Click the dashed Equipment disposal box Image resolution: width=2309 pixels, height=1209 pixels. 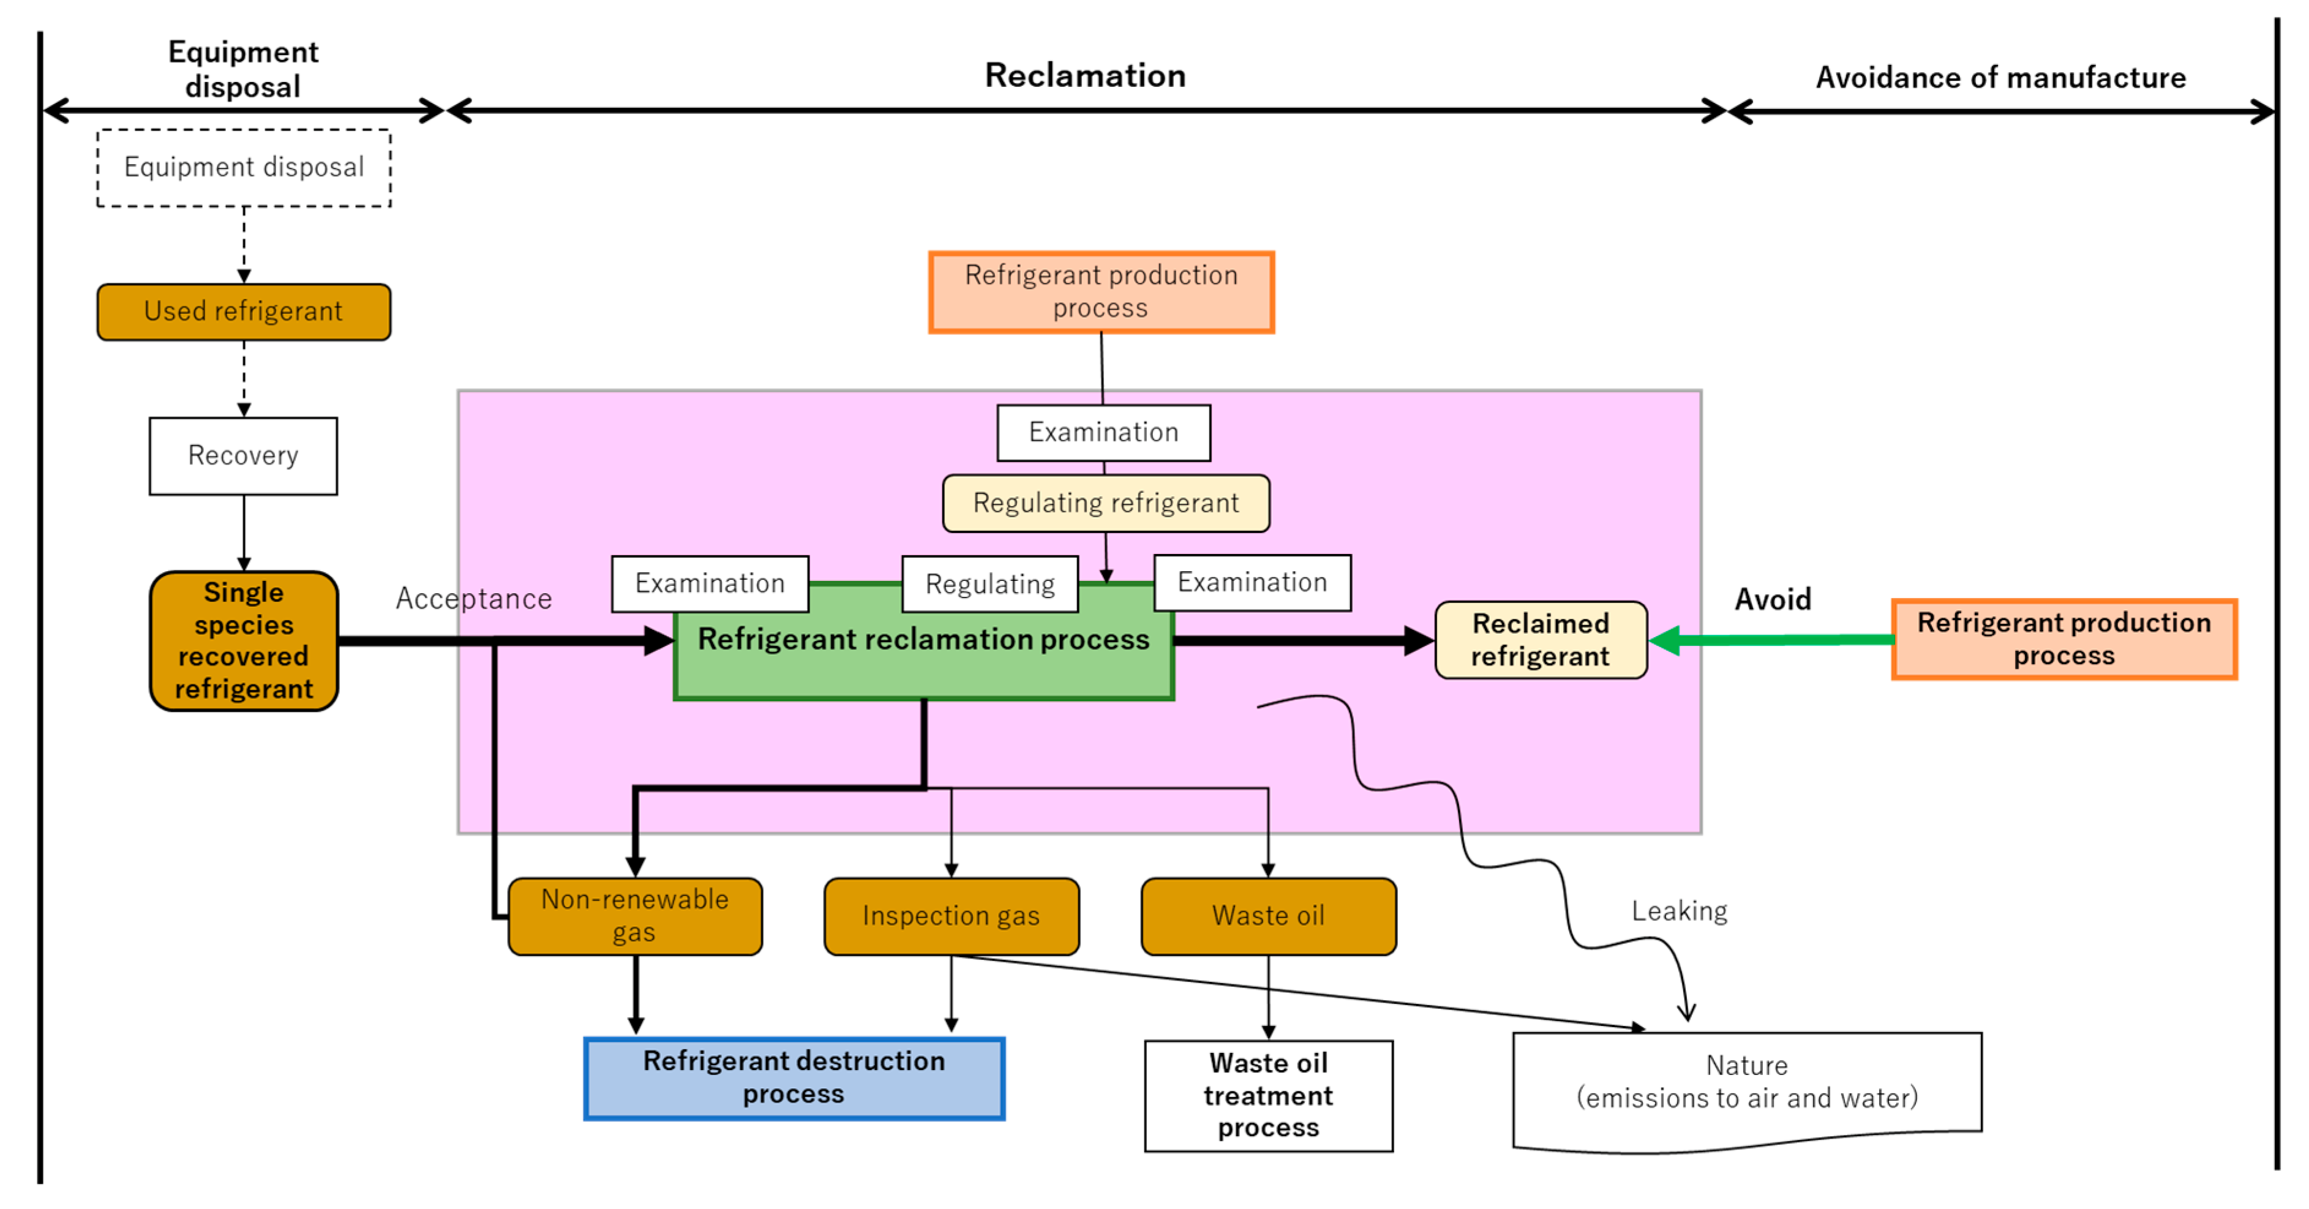tap(244, 168)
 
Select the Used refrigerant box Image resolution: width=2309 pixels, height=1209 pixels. tap(244, 312)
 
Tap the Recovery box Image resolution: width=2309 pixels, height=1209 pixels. tap(244, 456)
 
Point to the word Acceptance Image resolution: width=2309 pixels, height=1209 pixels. tap(473, 599)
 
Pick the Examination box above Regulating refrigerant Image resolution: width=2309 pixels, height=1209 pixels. tap(1103, 433)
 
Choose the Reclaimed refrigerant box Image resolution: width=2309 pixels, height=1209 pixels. tap(1541, 640)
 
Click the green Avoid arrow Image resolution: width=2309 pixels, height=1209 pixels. tap(1775, 640)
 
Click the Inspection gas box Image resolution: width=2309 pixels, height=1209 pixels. tap(951, 916)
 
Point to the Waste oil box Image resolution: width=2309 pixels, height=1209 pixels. tap(1268, 916)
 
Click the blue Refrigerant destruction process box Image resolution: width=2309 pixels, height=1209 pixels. tap(794, 1078)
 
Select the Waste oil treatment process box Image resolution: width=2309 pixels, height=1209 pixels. tap(1268, 1095)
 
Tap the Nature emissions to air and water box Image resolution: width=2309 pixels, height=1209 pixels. tap(1746, 1084)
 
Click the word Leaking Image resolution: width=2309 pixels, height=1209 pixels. tap(1679, 911)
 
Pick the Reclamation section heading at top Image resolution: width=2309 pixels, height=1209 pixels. tap(1084, 76)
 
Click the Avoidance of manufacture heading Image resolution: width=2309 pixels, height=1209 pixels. tap(2000, 78)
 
